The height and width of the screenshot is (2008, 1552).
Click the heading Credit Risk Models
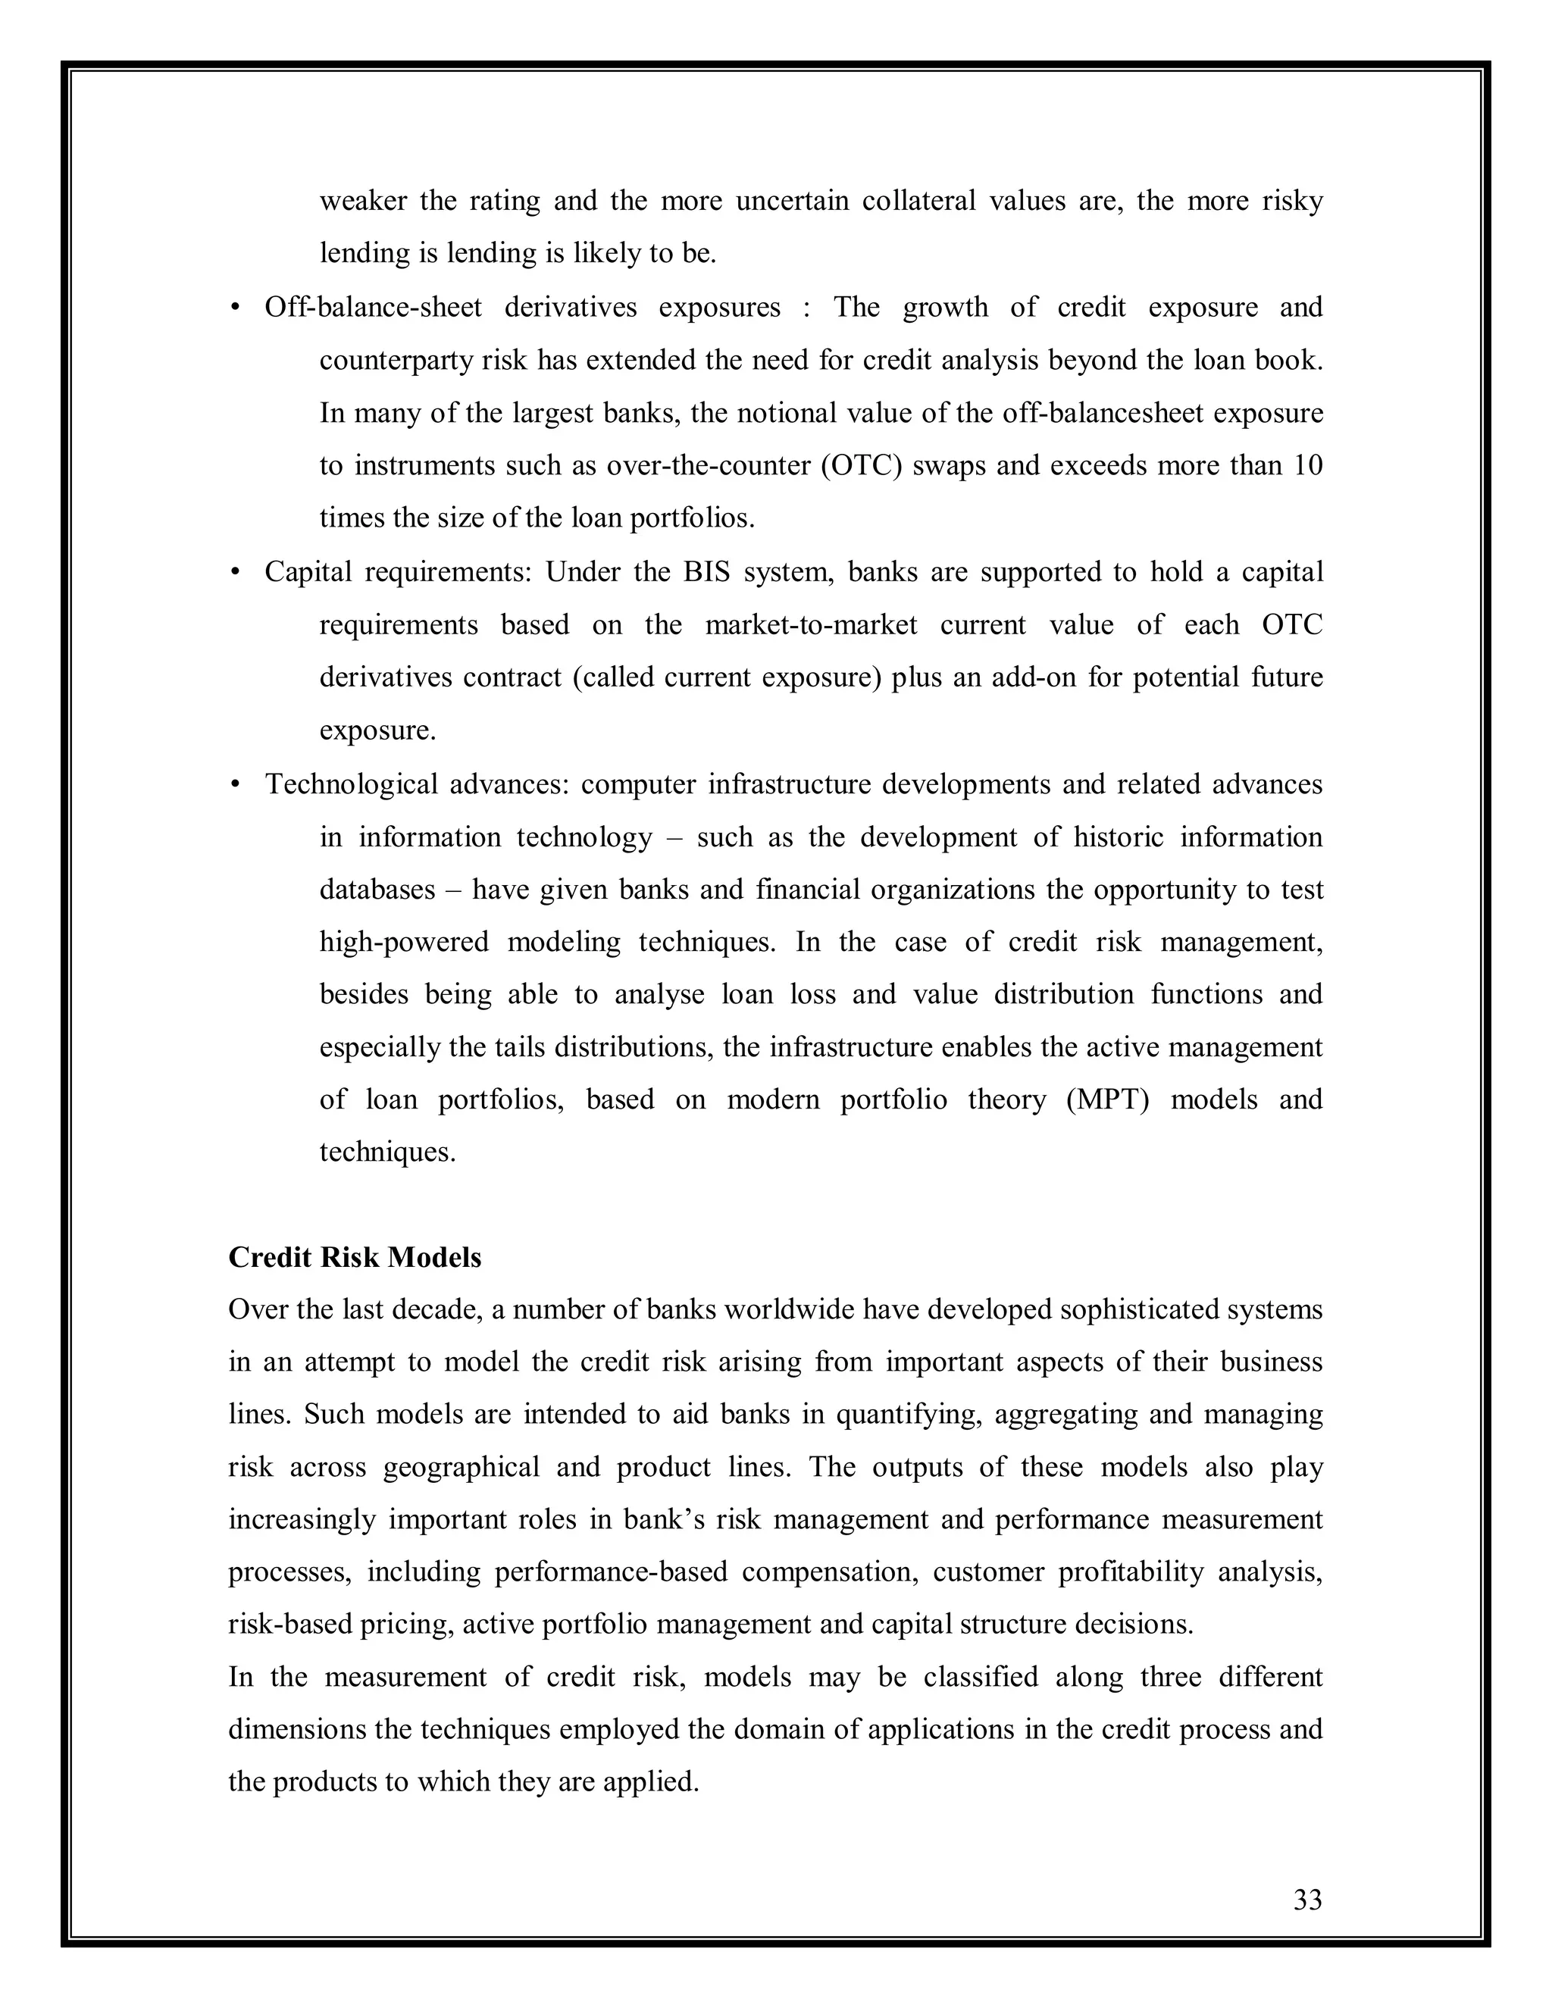pyautogui.click(x=354, y=1257)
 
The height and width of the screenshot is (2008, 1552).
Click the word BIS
pyautogui.click(x=706, y=572)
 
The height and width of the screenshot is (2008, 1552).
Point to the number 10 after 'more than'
pyautogui.click(x=1307, y=465)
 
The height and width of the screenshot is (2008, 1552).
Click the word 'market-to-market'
pyautogui.click(x=811, y=625)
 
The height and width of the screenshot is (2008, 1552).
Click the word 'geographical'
pyautogui.click(x=461, y=1468)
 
